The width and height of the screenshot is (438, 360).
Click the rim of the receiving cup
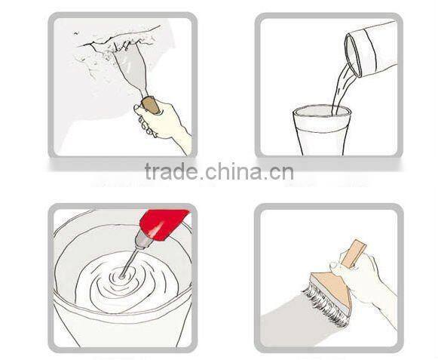pyautogui.click(x=321, y=110)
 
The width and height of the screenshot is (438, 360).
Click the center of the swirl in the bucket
pyautogui.click(x=121, y=277)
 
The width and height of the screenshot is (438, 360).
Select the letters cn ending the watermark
pyautogui.click(x=282, y=173)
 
